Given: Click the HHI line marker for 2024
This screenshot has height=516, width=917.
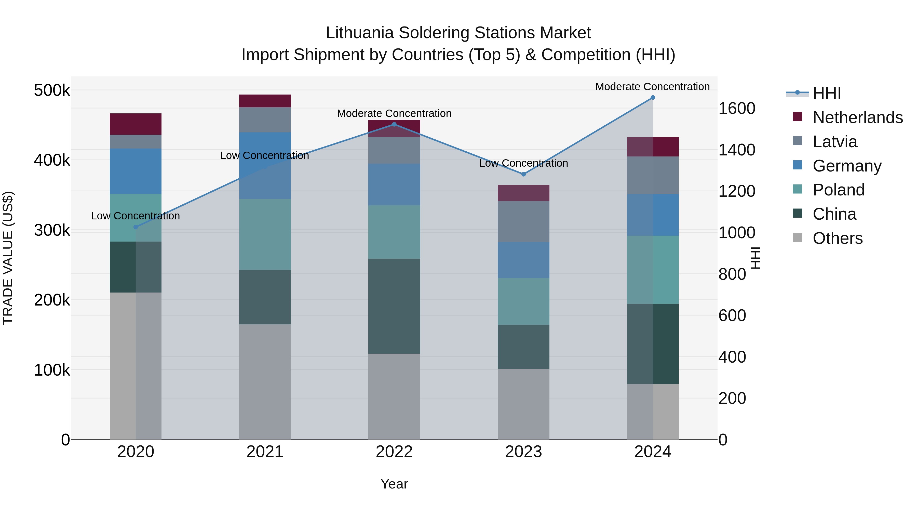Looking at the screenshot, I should tap(653, 97).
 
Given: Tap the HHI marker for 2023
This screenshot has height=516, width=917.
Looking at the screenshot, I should tap(523, 174).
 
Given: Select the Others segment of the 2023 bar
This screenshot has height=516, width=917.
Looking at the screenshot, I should tap(523, 404).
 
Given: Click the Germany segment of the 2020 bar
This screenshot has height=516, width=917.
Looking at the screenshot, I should tap(136, 171).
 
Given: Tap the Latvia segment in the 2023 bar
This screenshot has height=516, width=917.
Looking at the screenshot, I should tap(523, 221).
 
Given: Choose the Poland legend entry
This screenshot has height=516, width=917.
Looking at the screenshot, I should tap(838, 190).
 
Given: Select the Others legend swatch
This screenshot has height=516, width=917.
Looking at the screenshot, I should tap(797, 237).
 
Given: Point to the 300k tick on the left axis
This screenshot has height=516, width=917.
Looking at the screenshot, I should tap(52, 230).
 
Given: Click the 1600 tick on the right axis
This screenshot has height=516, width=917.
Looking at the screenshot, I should tap(736, 108).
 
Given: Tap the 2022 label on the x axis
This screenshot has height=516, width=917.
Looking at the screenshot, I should tap(394, 452).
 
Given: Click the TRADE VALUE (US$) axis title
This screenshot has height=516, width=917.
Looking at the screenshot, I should tap(8, 258).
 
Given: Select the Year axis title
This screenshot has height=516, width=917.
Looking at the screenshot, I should tap(394, 484).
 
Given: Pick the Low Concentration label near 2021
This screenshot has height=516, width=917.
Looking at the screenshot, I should tap(264, 156).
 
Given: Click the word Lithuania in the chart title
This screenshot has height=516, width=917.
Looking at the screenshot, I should tap(360, 33).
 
